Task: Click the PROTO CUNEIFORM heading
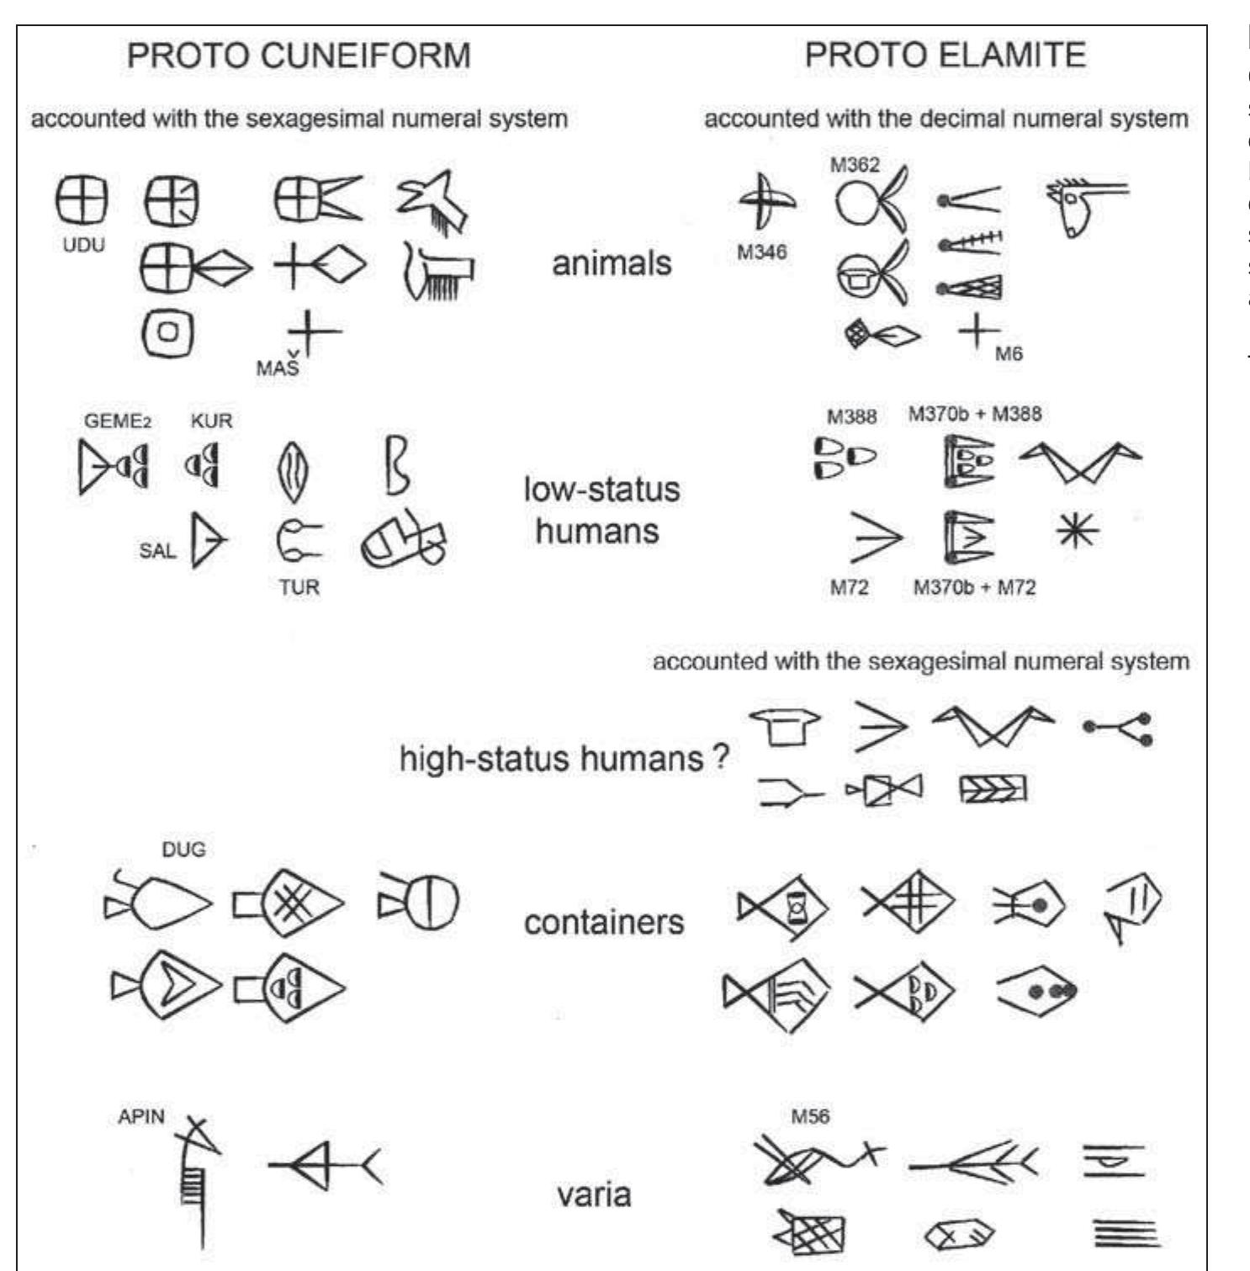pos(298,56)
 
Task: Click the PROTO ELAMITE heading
pos(945,56)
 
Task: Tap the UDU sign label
pos(83,246)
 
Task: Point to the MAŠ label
pos(278,368)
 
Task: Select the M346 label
pos(761,252)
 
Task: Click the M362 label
pos(854,165)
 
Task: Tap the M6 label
pos(1009,354)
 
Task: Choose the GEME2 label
pos(117,421)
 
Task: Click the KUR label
pos(211,421)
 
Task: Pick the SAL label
pos(158,551)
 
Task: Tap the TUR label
pos(299,586)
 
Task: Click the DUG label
pos(183,850)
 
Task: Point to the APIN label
pos(141,1117)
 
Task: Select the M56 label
pos(810,1116)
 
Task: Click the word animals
pos(612,263)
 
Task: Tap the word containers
pos(603,922)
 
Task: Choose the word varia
pos(594,1194)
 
